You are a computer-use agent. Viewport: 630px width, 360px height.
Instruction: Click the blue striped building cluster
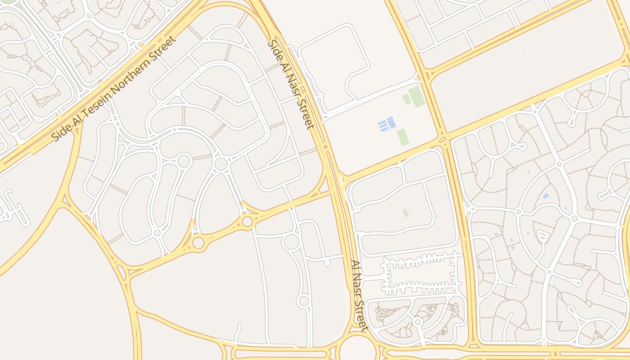coord(387,124)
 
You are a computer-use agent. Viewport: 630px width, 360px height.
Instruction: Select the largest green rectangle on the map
coord(417,96)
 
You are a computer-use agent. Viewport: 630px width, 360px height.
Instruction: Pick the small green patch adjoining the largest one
coord(406,99)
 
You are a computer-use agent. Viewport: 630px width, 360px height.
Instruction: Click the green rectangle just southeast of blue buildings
coord(402,137)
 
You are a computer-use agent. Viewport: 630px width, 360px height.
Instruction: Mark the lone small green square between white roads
coord(405,212)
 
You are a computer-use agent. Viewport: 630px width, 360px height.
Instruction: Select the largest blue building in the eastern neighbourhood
coord(546,196)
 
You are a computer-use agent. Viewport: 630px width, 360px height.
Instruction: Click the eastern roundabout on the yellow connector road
coord(247,221)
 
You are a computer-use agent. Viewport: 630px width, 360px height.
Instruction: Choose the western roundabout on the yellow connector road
coord(198,243)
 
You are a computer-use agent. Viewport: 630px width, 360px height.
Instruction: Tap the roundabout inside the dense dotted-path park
coord(418,322)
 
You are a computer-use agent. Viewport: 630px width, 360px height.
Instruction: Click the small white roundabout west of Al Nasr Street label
coord(304,301)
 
